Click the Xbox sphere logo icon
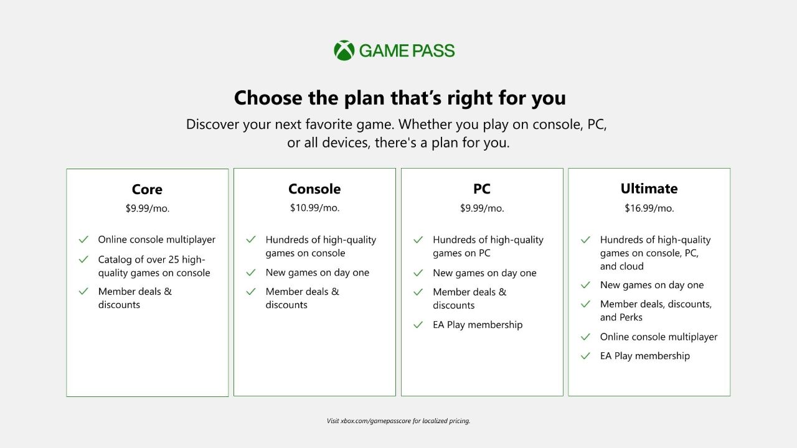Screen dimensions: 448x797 (x=344, y=50)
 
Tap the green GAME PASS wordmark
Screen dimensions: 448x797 (x=407, y=51)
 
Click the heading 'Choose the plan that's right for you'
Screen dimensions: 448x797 (x=399, y=98)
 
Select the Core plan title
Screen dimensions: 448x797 (x=147, y=189)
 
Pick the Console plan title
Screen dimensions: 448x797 (x=314, y=189)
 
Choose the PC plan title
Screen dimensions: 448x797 (x=481, y=189)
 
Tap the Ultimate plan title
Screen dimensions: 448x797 (x=649, y=189)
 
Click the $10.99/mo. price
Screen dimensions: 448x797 (x=314, y=208)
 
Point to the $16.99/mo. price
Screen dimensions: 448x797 (x=649, y=208)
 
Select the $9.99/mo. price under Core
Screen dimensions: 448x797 (x=147, y=208)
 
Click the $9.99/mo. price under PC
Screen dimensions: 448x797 (x=481, y=208)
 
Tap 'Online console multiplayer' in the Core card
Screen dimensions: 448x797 (x=156, y=240)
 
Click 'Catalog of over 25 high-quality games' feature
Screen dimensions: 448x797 (x=154, y=266)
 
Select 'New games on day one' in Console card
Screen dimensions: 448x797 (x=317, y=273)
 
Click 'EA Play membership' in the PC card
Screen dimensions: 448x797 (x=478, y=325)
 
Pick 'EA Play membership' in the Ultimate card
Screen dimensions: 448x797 (x=644, y=356)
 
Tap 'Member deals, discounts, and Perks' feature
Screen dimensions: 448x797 (x=656, y=310)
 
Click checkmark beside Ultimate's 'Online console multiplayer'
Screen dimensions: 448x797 (x=585, y=337)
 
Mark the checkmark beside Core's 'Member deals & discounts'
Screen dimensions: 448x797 (x=83, y=291)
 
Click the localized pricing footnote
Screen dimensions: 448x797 (x=398, y=421)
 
